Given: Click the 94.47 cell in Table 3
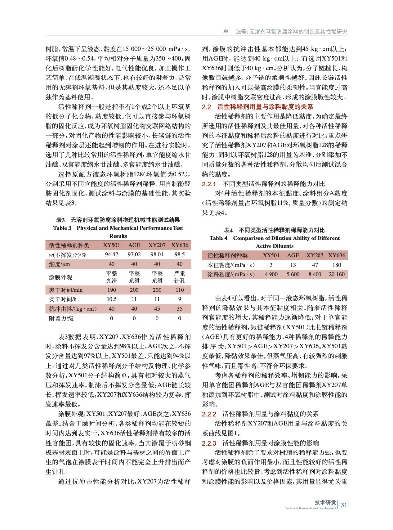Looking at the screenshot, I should pos(111,254).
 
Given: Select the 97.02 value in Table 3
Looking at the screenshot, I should pos(134,254).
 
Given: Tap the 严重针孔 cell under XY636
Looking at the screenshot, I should pos(179,277).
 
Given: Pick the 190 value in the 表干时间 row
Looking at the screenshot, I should pos(111,290).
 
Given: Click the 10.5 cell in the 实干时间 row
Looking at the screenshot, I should pos(111,299).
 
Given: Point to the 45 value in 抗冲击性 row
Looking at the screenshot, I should pos(157,309).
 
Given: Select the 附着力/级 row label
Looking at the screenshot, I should pos(61,318).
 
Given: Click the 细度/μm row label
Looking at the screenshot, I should pos(59,264).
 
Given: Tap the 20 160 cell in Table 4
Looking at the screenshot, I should pos(336,274).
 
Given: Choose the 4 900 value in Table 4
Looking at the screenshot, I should pos(271,274).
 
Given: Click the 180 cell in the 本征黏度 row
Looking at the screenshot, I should pos(336,265).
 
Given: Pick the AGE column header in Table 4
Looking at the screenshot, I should pos(293,255).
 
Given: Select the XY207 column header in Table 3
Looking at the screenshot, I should pos(157,245).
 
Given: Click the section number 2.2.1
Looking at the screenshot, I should pos(209,184).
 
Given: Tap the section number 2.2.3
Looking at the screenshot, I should pos(209,443).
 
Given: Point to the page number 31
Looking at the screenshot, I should pos(344,505).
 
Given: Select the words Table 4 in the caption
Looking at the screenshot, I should pos(218,238).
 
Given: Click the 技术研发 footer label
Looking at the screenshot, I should pos(325,503).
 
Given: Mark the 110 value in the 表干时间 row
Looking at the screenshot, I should pos(179,290).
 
